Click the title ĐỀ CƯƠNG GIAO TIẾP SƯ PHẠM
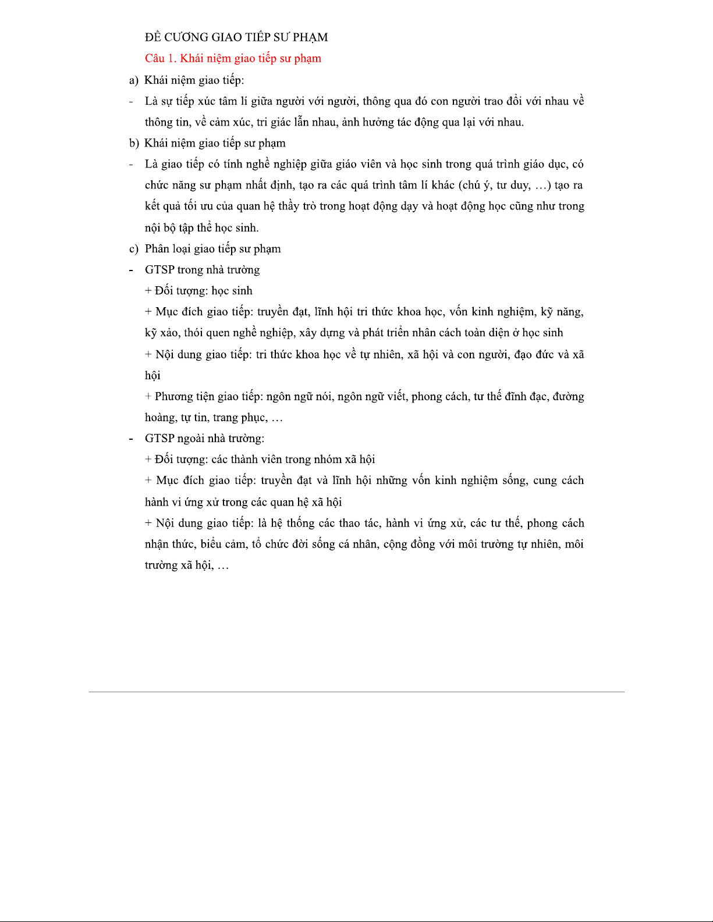click(236, 37)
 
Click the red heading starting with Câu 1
click(233, 58)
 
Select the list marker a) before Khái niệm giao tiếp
click(134, 80)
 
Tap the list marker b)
click(134, 143)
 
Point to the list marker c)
click(134, 249)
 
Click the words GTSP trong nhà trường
click(202, 270)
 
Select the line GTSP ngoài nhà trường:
click(204, 439)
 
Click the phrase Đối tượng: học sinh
click(203, 291)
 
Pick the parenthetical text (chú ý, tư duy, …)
click(505, 186)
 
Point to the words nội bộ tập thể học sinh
click(201, 228)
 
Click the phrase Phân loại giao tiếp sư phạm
click(212, 249)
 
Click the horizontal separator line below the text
click(356, 692)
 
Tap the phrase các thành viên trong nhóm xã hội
click(293, 460)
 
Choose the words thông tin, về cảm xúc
click(198, 122)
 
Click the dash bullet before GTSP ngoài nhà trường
click(132, 439)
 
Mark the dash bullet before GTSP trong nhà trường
click(132, 270)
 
